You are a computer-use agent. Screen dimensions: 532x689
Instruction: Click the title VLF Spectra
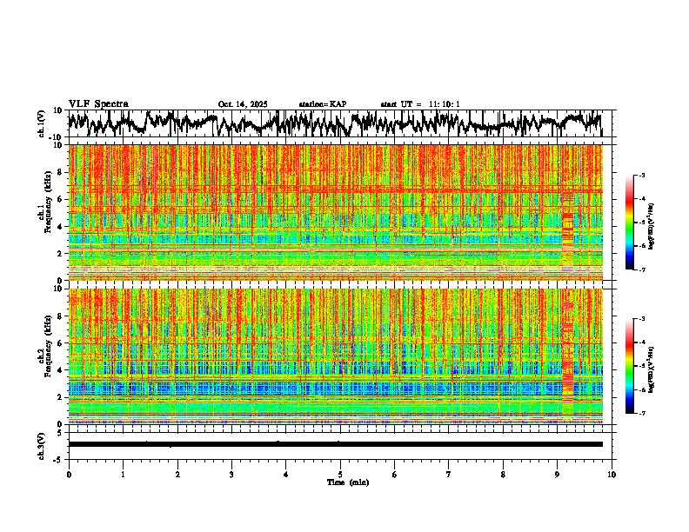(x=98, y=104)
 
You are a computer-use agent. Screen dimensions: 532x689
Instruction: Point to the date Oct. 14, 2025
(x=243, y=104)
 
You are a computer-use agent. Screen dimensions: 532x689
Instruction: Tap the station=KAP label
(x=323, y=104)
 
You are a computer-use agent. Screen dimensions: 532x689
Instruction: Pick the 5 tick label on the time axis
(x=340, y=474)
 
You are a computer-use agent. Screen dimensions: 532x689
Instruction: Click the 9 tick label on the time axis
(x=558, y=474)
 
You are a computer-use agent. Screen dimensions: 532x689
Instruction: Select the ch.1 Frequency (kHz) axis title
(x=44, y=213)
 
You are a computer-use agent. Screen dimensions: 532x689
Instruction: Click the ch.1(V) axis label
(x=41, y=123)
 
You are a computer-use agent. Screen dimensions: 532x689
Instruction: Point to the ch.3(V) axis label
(x=41, y=444)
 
